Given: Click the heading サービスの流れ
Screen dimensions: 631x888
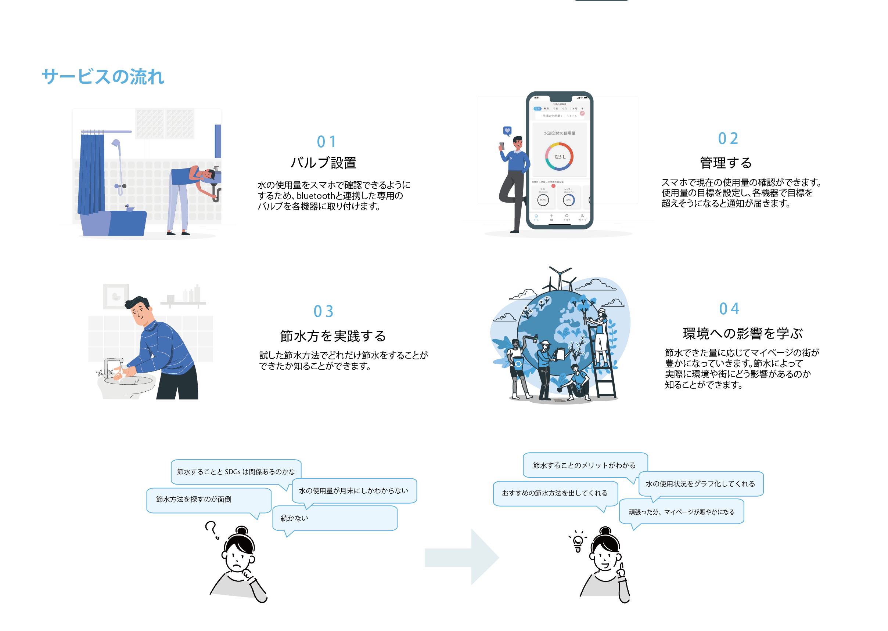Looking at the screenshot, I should pos(103,77).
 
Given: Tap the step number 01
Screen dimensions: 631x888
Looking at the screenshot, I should pos(326,142).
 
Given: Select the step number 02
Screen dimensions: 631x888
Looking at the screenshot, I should pos(727,139).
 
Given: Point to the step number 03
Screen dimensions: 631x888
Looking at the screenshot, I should pos(323,311).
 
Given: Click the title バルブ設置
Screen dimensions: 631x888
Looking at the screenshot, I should pos(323,163).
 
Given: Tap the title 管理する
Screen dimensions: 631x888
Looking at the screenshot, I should pos(726,163).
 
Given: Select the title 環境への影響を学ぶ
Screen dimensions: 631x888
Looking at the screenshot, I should pos(742,333).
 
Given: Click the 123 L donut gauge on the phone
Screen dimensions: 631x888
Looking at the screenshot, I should pos(559,157).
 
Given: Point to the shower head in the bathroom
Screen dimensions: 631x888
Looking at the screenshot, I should pos(116,144).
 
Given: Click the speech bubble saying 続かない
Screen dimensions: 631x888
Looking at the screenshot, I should pos(334,518).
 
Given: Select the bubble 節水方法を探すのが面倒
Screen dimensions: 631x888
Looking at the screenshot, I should pos(208,500).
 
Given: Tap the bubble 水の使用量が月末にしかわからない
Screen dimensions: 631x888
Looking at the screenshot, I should pos(354,491).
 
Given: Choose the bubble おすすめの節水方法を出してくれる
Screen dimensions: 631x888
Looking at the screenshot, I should pos(555,493).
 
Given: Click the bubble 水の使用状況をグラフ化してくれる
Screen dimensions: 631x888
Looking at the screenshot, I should pos(700,484).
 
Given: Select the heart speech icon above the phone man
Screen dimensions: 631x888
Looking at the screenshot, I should pos(507,131).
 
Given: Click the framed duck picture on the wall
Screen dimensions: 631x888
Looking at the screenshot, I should pos(115,297).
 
